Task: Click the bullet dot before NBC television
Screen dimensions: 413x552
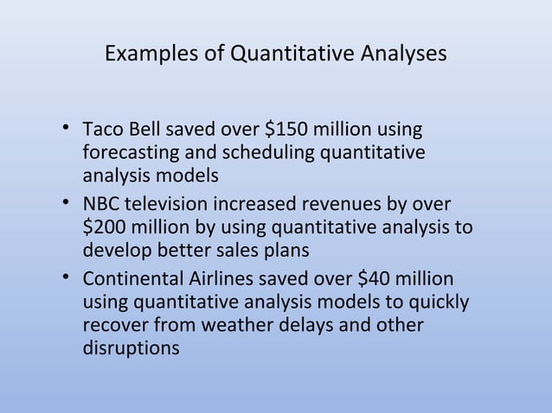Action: (66, 207)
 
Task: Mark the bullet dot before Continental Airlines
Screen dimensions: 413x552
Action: (66, 282)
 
